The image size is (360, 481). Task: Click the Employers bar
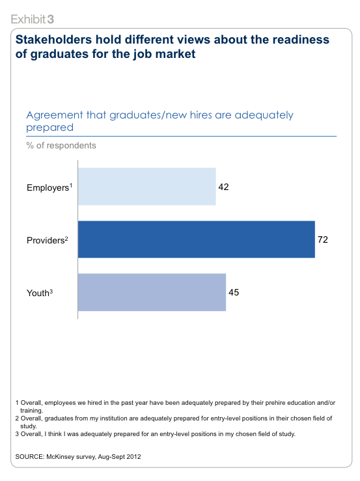click(146, 187)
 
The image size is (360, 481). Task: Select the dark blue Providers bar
click(197, 240)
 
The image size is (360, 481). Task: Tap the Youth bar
click(152, 292)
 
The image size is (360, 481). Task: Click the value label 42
click(223, 187)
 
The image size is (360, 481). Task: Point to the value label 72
click(322, 240)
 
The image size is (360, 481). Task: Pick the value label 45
click(234, 292)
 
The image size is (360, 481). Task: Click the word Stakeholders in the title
click(54, 40)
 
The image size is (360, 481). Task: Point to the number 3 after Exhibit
click(51, 19)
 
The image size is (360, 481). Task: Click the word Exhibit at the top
click(28, 19)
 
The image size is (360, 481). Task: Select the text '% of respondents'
click(61, 145)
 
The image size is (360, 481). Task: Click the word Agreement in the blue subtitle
click(55, 115)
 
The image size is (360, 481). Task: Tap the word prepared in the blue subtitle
click(49, 128)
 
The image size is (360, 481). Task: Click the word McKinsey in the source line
click(61, 457)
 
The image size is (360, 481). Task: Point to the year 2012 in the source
click(134, 457)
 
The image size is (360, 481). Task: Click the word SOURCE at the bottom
click(30, 457)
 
